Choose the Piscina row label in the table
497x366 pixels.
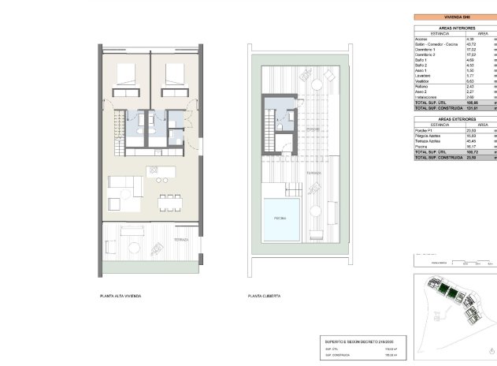(423, 146)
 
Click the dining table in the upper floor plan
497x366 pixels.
(166, 202)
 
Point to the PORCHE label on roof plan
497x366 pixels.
(313, 130)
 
